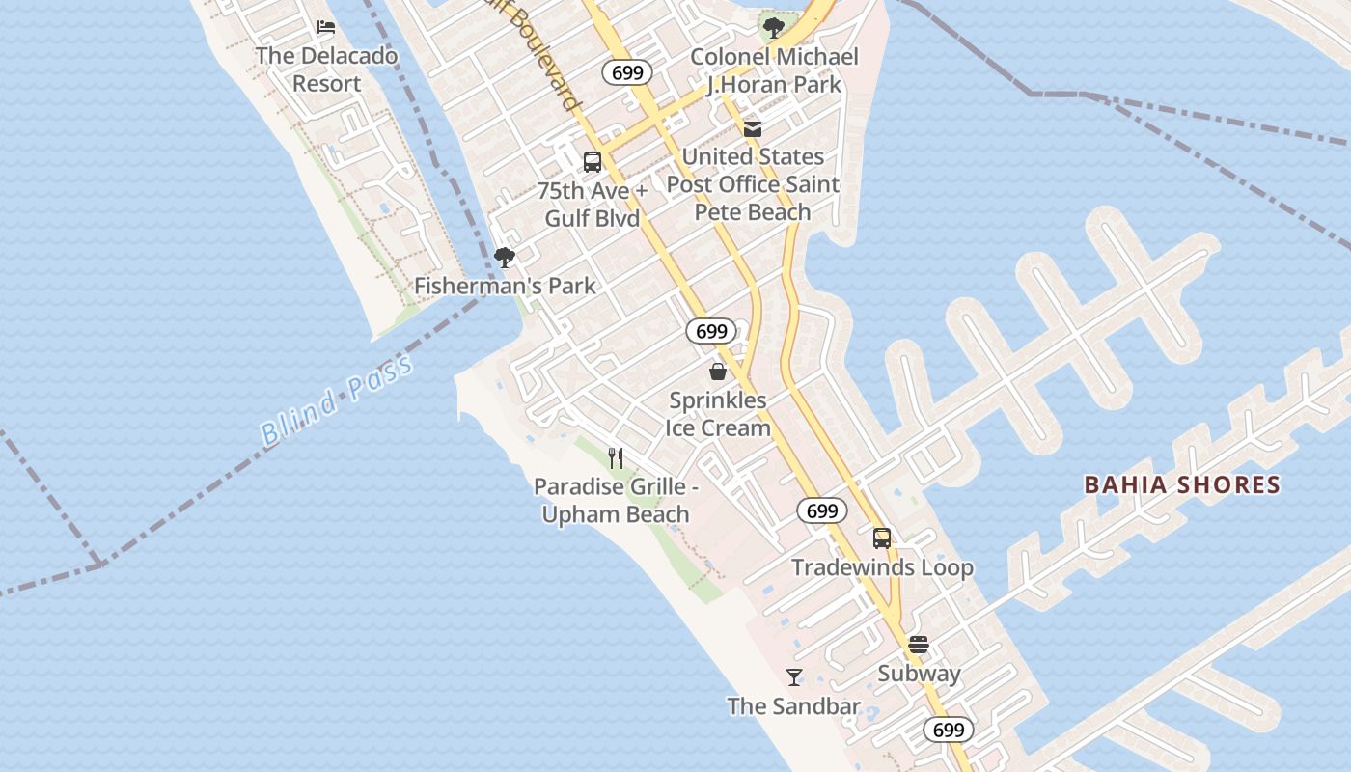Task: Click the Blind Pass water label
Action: coord(337,400)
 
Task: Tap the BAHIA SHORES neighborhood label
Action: coord(1182,484)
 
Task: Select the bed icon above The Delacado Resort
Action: coord(326,27)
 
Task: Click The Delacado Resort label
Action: coord(326,69)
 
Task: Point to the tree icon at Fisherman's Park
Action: coord(504,257)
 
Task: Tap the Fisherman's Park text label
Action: coord(505,286)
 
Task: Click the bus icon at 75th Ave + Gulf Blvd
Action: coord(593,162)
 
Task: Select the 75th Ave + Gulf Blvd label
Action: coord(592,205)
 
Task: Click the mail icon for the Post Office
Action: coord(753,128)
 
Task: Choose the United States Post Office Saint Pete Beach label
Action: coord(753,183)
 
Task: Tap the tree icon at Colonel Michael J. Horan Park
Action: coord(773,27)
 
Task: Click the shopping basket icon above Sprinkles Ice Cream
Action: coord(718,372)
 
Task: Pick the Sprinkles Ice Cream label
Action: coord(719,414)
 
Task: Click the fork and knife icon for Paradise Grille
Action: coord(616,457)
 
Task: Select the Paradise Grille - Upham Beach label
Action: coord(616,500)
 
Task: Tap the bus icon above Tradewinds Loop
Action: coord(882,538)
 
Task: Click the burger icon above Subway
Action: coord(919,645)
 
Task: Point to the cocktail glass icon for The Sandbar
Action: coord(794,677)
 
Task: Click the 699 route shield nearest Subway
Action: coord(949,730)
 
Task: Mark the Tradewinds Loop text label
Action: coord(882,567)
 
